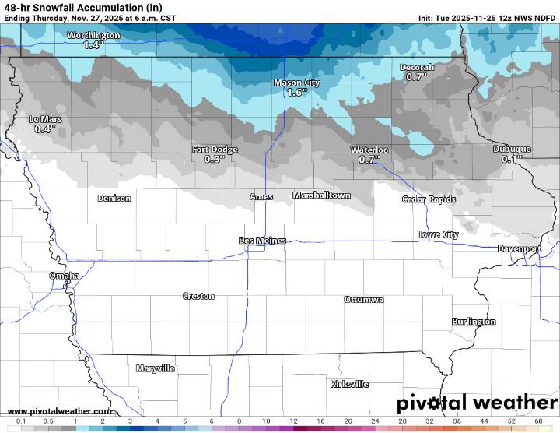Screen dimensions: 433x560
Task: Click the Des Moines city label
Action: point(262,241)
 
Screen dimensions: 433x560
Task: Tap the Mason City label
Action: point(296,83)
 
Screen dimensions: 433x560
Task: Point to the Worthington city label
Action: point(93,35)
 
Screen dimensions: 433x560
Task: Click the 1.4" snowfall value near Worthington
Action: point(93,45)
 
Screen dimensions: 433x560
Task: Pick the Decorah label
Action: point(417,68)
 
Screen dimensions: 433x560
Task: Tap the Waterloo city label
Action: point(369,150)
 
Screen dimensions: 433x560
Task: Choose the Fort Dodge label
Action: point(215,150)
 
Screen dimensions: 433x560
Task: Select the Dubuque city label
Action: point(512,150)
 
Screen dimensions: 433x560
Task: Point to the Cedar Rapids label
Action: point(429,199)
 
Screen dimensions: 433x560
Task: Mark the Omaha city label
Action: point(64,276)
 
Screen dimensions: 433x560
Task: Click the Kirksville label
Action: point(349,384)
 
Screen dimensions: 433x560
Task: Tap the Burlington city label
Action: point(474,322)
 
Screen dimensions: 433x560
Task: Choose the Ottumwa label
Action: point(364,300)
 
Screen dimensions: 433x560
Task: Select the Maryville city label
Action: point(156,368)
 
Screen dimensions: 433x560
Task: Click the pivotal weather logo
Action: point(477,403)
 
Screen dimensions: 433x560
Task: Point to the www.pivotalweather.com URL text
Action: point(58,411)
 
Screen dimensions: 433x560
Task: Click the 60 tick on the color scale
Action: point(538,421)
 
